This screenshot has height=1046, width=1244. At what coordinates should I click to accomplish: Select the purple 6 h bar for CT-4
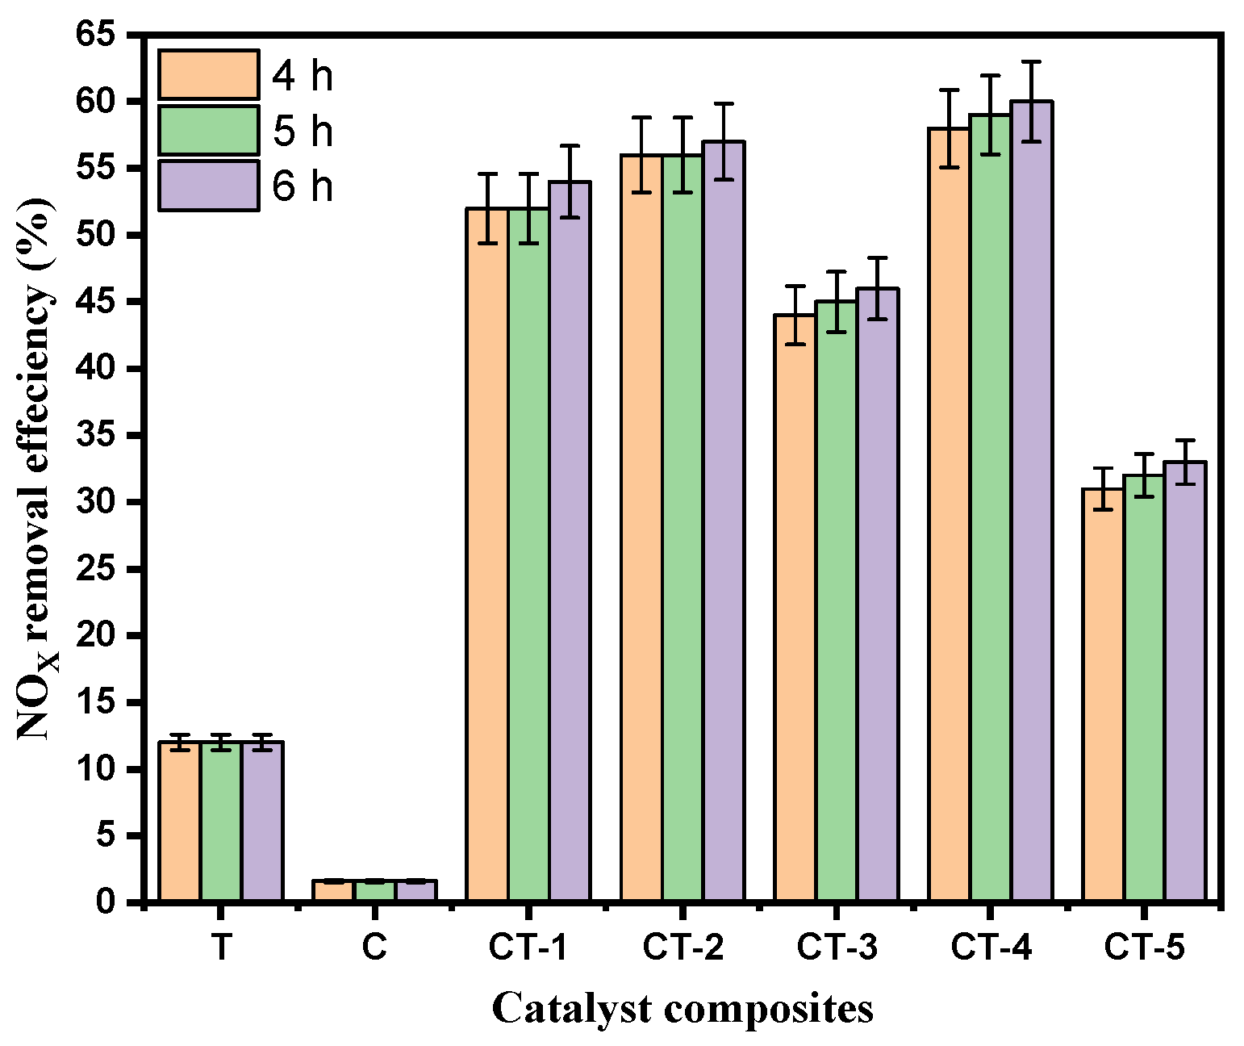[x=1031, y=500]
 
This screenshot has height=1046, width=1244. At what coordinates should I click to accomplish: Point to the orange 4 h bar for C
[x=333, y=890]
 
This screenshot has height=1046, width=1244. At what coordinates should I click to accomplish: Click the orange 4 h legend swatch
[x=208, y=75]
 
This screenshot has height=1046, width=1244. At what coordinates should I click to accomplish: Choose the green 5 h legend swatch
[x=208, y=130]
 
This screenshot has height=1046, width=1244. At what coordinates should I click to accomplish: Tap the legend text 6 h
[x=303, y=186]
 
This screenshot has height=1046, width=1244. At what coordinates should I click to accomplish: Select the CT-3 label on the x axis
[x=836, y=948]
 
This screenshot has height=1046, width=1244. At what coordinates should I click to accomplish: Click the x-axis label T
[x=220, y=948]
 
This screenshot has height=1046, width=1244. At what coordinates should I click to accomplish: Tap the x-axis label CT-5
[x=1144, y=948]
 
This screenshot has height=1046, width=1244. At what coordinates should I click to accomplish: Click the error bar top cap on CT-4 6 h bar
[x=1031, y=61]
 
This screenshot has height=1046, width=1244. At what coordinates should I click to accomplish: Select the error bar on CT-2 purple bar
[x=724, y=141]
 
